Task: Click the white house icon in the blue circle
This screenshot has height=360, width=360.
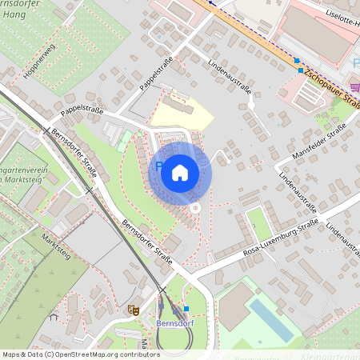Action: (180, 173)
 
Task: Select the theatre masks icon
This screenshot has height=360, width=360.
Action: (132, 307)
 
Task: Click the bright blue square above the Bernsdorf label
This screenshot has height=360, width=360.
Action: (186, 309)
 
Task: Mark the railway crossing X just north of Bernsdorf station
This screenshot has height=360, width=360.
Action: (163, 289)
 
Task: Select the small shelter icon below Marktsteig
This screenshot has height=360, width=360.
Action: (54, 317)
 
